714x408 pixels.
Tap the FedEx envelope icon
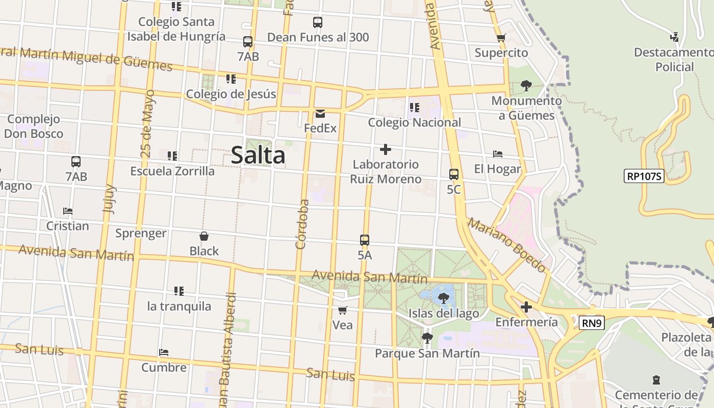(x=320, y=114)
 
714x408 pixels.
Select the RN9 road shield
(x=592, y=322)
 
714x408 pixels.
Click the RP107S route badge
(x=644, y=176)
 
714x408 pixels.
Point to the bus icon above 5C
(x=454, y=174)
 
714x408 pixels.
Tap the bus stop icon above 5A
(x=365, y=240)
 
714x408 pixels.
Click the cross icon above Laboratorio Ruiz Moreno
(x=386, y=149)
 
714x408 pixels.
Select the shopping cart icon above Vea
(x=343, y=310)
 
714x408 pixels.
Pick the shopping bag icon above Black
(x=204, y=236)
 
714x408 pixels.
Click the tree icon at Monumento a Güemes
(x=526, y=86)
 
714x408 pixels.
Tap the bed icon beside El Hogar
(x=498, y=154)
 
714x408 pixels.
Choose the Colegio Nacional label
(x=414, y=122)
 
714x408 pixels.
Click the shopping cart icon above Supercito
(x=501, y=38)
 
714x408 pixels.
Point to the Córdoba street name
(x=303, y=224)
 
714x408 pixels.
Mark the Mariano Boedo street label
(x=507, y=245)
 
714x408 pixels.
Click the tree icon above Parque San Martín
(x=427, y=338)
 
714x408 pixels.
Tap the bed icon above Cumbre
(x=164, y=352)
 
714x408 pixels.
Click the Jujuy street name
(x=109, y=199)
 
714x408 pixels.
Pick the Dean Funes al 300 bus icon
(x=318, y=22)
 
